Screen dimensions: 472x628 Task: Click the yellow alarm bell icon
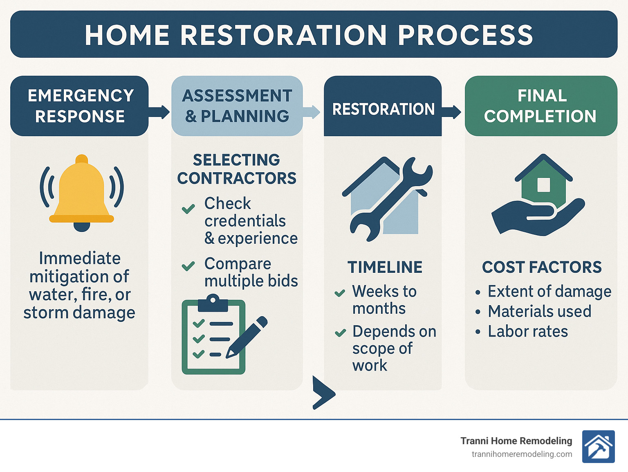pos(81,192)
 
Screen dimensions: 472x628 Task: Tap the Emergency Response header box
pos(80,106)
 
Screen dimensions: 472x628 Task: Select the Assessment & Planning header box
pos(237,106)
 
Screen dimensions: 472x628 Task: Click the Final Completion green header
pos(541,106)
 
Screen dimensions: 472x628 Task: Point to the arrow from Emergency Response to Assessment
pos(159,112)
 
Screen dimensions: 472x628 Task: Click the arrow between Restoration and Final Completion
pos(451,112)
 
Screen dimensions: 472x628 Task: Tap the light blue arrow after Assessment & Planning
pos(312,112)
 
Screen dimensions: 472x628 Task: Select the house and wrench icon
pos(386,198)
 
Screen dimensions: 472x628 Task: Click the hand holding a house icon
pos(538,196)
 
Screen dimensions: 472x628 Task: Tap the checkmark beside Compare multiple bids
pos(188,267)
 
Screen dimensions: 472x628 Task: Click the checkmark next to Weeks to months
pos(340,293)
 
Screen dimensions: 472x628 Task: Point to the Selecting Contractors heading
pos(237,169)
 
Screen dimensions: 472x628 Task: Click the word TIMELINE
pos(385,267)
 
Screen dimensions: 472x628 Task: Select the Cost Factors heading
pos(542,267)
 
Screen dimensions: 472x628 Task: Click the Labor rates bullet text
pos(527,331)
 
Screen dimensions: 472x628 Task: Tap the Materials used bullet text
pos(539,311)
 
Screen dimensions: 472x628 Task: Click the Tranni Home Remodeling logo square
pos(598,447)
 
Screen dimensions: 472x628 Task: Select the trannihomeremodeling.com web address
pos(522,454)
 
